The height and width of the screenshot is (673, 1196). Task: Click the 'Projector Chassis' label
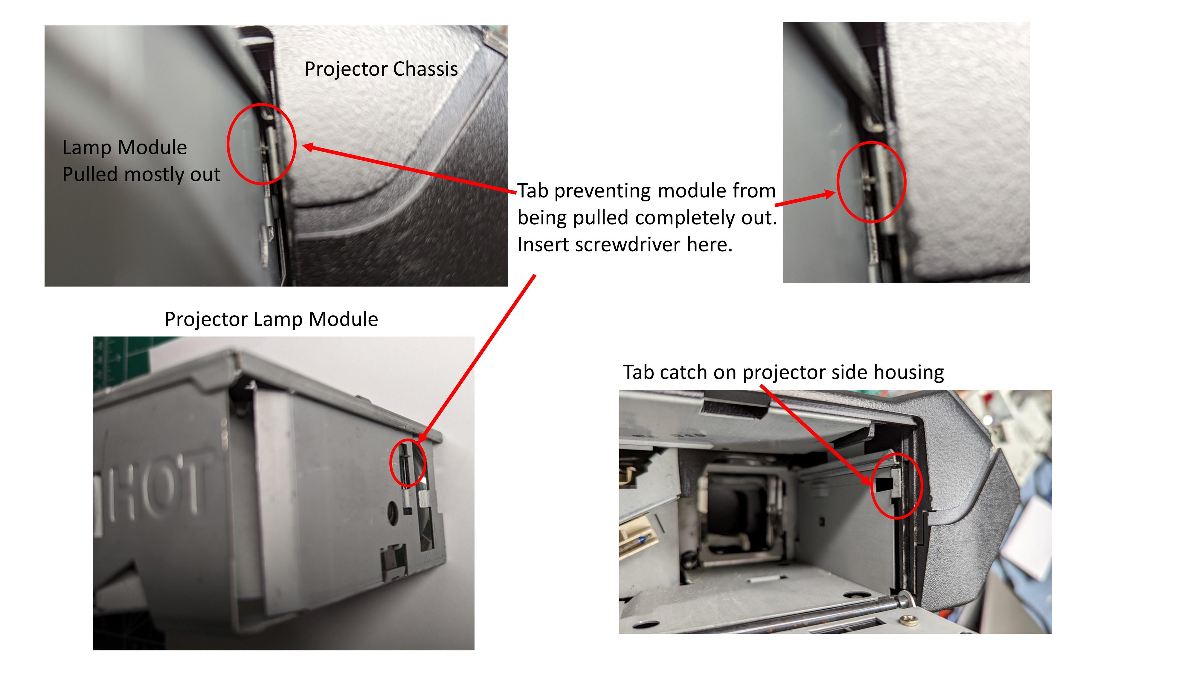(381, 69)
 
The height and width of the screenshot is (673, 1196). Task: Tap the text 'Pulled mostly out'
(141, 175)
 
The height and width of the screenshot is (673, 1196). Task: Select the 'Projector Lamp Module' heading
(271, 319)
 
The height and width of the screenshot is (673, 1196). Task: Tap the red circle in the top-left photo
(261, 144)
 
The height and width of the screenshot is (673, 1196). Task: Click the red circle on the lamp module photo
(408, 463)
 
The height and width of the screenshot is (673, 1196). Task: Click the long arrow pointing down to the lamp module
(478, 358)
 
